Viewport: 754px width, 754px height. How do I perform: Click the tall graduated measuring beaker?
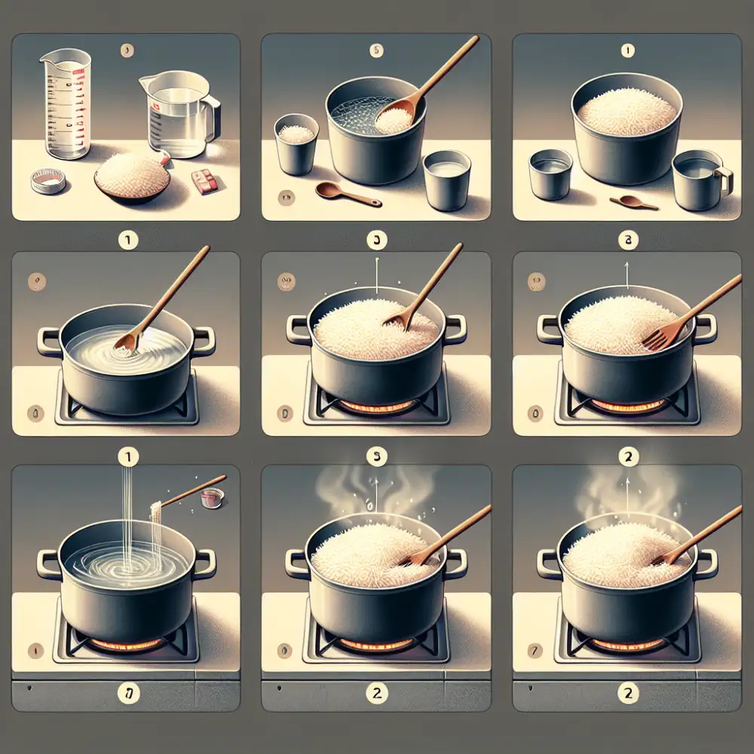pyautogui.click(x=67, y=105)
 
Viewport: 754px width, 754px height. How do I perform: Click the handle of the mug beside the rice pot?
pyautogui.click(x=725, y=179)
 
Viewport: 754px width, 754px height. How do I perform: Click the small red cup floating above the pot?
pyautogui.click(x=210, y=498)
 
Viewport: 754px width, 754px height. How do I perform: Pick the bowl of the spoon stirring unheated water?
pyautogui.click(x=127, y=342)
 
